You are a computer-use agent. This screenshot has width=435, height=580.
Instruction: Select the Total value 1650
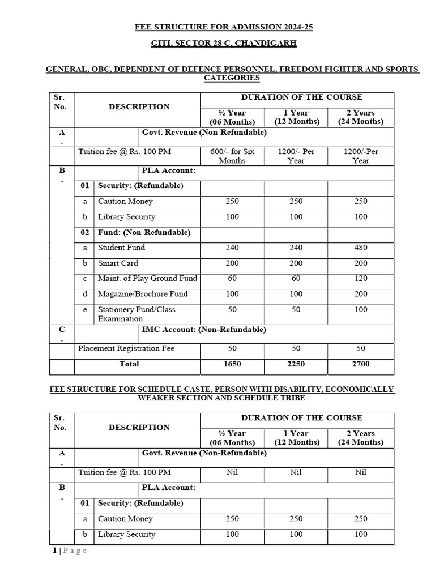tap(232, 364)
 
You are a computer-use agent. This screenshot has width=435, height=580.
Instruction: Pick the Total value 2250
tap(297, 364)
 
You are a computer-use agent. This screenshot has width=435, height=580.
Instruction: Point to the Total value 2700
tap(361, 364)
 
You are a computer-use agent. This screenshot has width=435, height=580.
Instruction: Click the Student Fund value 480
tap(361, 248)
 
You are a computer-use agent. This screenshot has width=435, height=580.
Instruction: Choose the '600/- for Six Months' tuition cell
tap(232, 156)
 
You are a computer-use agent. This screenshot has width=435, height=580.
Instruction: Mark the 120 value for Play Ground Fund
tap(361, 279)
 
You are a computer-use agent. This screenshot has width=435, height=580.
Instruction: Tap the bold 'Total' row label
tap(129, 364)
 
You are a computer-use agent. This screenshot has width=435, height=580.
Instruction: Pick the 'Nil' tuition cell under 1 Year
tap(297, 472)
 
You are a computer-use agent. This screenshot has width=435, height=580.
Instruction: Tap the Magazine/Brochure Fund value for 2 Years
tap(361, 294)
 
